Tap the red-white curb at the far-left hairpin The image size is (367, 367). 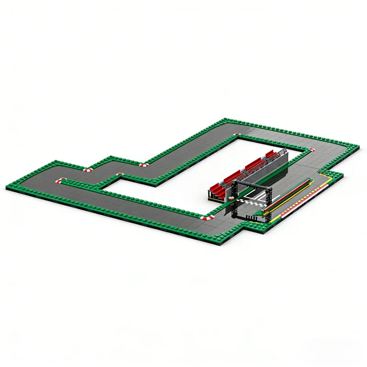click(60, 180)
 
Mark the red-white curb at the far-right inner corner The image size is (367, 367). click(311, 149)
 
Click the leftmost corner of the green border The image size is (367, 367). click(7, 187)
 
